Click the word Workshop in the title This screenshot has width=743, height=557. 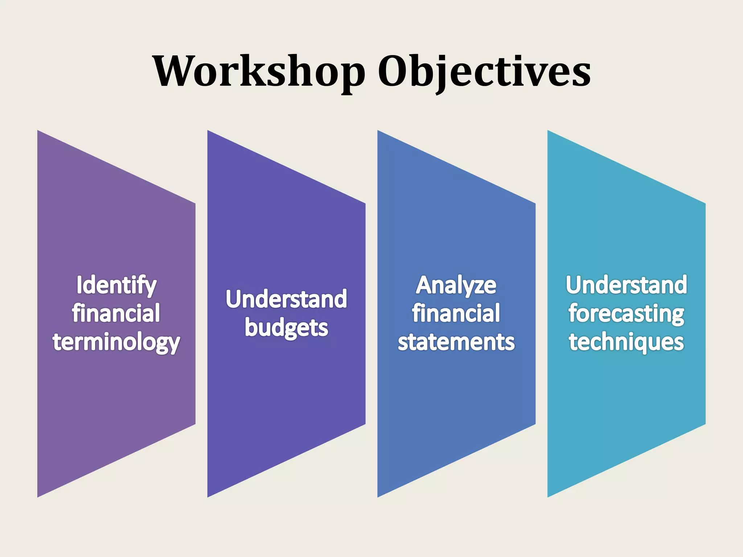(259, 71)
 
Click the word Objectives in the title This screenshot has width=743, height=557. (484, 71)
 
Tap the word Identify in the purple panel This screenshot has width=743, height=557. (116, 285)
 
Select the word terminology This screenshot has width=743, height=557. (116, 342)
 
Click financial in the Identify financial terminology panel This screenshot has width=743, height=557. (116, 313)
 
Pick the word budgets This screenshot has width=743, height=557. (286, 328)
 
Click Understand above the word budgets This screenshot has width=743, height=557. (286, 299)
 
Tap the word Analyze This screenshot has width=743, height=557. (456, 285)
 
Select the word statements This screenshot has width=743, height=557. (456, 342)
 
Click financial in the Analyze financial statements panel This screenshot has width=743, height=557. (456, 313)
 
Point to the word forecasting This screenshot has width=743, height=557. (626, 314)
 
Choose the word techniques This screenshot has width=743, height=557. (626, 342)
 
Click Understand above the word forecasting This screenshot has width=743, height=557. (626, 285)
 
